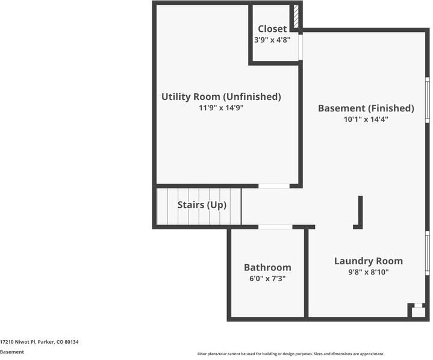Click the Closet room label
(x=272, y=29)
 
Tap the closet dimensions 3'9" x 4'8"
(x=272, y=40)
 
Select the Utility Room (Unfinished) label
(x=221, y=96)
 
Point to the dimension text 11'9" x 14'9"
(x=221, y=108)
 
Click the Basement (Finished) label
(x=366, y=108)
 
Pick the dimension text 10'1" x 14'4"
(x=366, y=119)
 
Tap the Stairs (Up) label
(x=202, y=205)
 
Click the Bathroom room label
(x=267, y=267)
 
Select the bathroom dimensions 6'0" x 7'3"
(x=267, y=278)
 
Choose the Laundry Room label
(x=369, y=261)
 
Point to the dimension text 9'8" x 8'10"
(x=369, y=272)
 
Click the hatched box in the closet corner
(x=295, y=17)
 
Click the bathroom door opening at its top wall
(x=275, y=227)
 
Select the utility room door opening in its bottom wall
(x=274, y=186)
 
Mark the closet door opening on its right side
(x=300, y=47)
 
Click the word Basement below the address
(x=12, y=352)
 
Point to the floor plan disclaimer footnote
(x=291, y=354)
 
